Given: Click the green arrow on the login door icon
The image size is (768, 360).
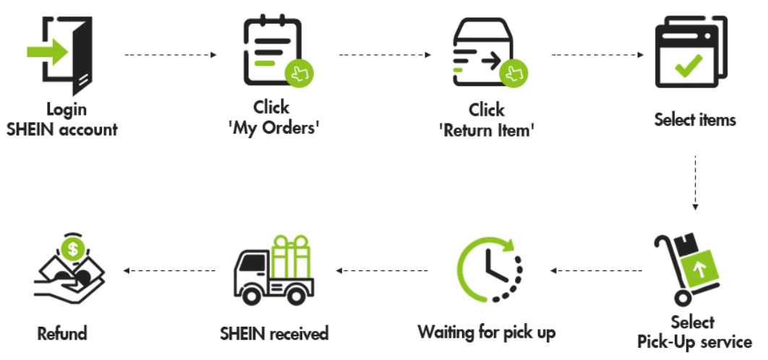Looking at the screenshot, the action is (x=48, y=51).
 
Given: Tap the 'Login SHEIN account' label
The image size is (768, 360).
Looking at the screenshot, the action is (x=61, y=119).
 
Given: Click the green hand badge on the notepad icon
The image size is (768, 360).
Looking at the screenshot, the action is (x=299, y=74).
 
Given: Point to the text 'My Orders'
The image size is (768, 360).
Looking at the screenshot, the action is (x=274, y=129).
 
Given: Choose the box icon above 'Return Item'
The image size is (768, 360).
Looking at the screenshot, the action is (x=483, y=52).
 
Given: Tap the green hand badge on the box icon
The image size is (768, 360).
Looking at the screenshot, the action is (x=513, y=74).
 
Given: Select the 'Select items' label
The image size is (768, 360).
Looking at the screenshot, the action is (x=695, y=119).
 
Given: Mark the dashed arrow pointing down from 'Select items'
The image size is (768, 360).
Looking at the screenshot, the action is (x=695, y=183).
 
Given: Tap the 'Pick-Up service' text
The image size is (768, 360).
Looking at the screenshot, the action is (x=694, y=342).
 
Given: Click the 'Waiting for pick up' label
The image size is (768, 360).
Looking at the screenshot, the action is (x=487, y=333).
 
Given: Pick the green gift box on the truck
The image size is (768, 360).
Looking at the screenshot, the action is (x=291, y=257).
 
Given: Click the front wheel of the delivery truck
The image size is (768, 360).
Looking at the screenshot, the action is (x=252, y=295).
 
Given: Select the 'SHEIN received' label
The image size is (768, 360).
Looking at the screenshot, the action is (x=274, y=333).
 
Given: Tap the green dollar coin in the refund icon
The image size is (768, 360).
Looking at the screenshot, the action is (x=73, y=249).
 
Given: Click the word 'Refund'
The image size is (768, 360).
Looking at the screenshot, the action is (x=62, y=334).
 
